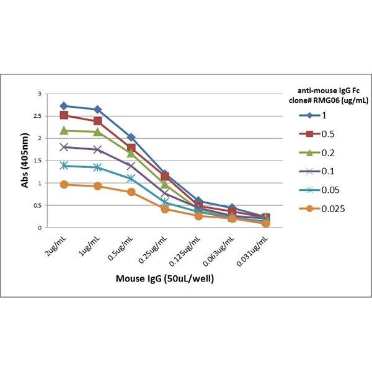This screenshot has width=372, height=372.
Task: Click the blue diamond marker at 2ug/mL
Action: (x=64, y=106)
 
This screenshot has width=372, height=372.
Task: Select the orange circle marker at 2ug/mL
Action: (x=64, y=184)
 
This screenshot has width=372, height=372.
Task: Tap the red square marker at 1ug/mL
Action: (x=97, y=121)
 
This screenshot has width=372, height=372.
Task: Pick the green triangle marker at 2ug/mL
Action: (x=64, y=130)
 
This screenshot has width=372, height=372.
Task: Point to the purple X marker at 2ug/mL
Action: (x=64, y=147)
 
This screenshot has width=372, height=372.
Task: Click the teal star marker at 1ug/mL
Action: (x=97, y=167)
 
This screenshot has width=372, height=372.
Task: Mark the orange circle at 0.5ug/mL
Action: (x=131, y=192)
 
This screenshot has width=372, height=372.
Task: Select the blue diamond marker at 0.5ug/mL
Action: (x=131, y=137)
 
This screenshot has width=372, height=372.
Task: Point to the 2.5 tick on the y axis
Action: (x=42, y=116)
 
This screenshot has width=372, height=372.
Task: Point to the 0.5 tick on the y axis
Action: (x=42, y=205)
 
